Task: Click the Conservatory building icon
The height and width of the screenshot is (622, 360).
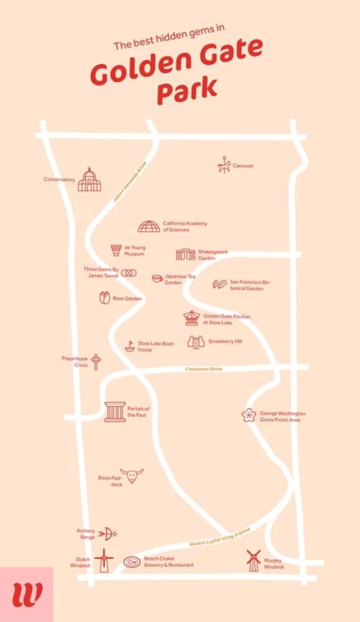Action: (x=89, y=180)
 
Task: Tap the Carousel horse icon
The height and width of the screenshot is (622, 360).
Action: (x=224, y=166)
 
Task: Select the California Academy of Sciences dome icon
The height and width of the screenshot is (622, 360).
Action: (x=149, y=227)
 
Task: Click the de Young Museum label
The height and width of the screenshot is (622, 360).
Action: (x=134, y=251)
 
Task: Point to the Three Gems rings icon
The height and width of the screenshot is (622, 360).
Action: (x=129, y=273)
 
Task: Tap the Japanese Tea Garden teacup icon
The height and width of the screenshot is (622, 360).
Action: (x=157, y=279)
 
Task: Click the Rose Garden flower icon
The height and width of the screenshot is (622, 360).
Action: (x=104, y=297)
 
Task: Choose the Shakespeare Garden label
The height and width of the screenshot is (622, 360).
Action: (x=212, y=254)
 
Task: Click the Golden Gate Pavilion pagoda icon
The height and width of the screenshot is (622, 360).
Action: (x=192, y=317)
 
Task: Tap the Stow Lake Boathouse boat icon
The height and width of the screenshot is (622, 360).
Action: (x=130, y=346)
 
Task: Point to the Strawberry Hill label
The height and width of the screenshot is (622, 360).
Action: (x=225, y=341)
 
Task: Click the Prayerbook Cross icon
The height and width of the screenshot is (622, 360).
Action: (x=96, y=361)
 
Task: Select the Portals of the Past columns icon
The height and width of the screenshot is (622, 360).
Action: (x=114, y=412)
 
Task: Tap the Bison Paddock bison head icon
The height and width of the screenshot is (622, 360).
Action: (x=132, y=476)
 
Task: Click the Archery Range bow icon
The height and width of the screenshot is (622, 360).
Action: (x=107, y=533)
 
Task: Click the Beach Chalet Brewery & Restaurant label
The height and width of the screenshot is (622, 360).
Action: (x=168, y=562)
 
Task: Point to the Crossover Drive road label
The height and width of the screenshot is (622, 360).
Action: (x=204, y=369)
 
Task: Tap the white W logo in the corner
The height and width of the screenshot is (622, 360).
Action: (x=27, y=595)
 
